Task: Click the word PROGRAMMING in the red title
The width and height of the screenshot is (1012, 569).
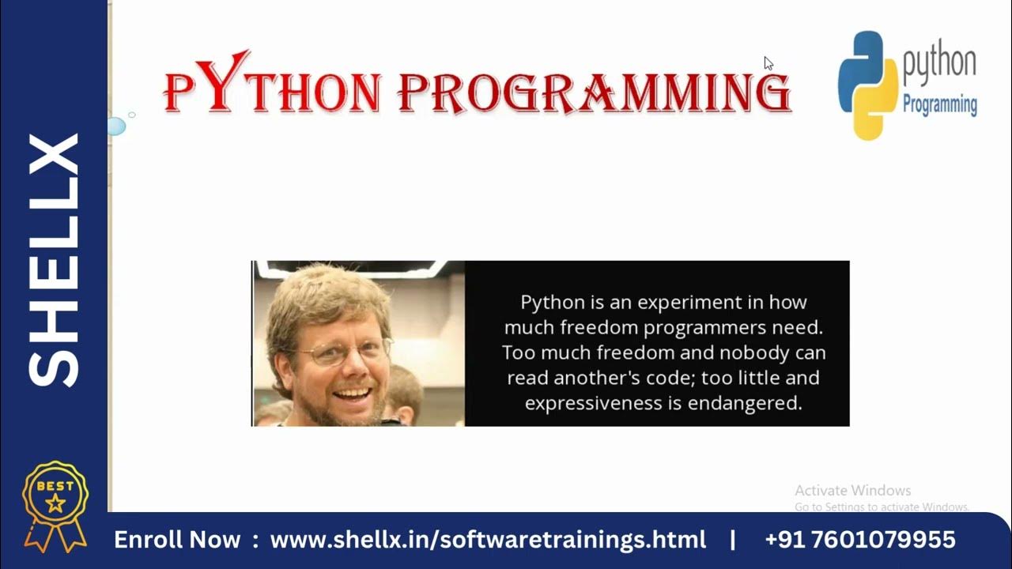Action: pyautogui.click(x=593, y=92)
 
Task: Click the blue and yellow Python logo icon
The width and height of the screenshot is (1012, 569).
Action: pyautogui.click(x=868, y=85)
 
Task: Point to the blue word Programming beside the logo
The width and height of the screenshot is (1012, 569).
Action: pyautogui.click(x=939, y=104)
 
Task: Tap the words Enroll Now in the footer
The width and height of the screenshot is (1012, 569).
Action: pyautogui.click(x=177, y=541)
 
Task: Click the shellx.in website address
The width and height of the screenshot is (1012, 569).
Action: pyautogui.click(x=488, y=541)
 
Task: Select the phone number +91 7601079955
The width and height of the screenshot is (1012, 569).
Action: pyautogui.click(x=860, y=541)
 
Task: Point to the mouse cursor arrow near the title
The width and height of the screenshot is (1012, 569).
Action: pyautogui.click(x=768, y=63)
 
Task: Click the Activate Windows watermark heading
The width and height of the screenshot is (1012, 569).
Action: pyautogui.click(x=852, y=491)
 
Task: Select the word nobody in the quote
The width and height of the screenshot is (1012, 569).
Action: pyautogui.click(x=718, y=352)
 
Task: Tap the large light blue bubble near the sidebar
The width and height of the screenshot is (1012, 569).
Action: pyautogui.click(x=116, y=126)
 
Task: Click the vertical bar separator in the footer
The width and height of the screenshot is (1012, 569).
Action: pyautogui.click(x=733, y=541)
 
